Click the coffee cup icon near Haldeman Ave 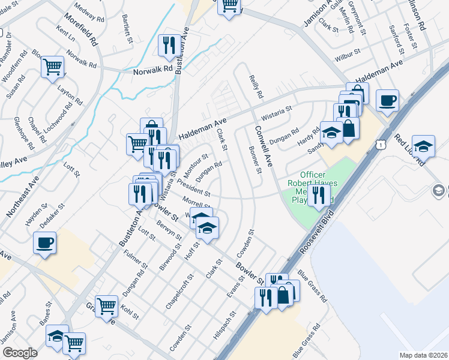tap(387, 100)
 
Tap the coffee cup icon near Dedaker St tap(44, 244)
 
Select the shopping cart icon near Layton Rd tap(53, 67)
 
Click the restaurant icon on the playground tap(319, 194)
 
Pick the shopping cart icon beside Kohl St tap(106, 306)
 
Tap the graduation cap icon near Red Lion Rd tap(423, 146)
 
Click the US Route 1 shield tap(379, 145)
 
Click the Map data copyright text tap(423, 355)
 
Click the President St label tap(193, 189)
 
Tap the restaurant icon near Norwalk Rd tap(167, 45)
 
